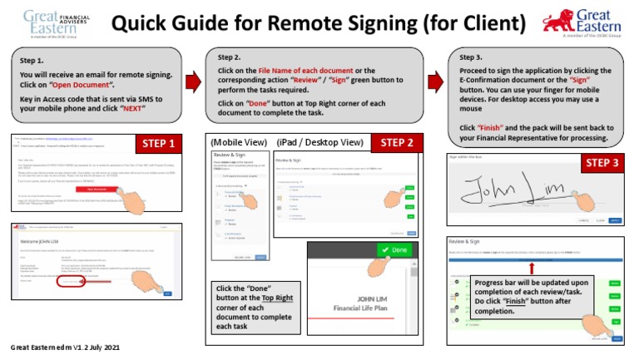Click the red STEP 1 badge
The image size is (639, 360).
tap(158, 144)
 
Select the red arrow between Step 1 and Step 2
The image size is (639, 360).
tap(192, 81)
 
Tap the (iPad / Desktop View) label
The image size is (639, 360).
tap(321, 142)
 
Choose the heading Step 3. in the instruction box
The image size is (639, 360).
tap(471, 57)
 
